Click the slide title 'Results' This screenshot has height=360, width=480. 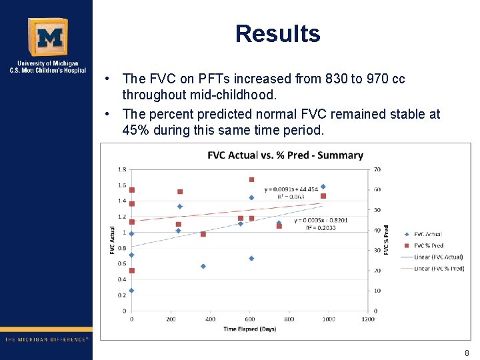click(277, 34)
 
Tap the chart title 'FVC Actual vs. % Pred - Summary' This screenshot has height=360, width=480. click(285, 155)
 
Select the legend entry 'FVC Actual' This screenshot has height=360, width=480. click(427, 234)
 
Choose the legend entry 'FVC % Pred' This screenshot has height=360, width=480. click(428, 245)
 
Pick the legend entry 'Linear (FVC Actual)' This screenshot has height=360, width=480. click(437, 257)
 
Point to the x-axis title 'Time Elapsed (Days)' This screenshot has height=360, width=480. click(250, 329)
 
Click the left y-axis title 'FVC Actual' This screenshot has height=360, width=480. click(112, 240)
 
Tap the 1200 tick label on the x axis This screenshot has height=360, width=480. click(367, 319)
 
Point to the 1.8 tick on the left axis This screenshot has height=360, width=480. click(122, 169)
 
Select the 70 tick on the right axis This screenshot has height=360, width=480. click(377, 169)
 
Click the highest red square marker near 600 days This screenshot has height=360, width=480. click(251, 179)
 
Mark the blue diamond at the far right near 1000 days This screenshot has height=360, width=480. click(323, 187)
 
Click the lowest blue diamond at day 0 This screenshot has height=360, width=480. click(131, 290)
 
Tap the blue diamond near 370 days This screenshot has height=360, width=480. click(203, 266)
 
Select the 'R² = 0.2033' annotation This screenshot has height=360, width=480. click(321, 228)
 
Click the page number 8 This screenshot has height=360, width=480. click(467, 353)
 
